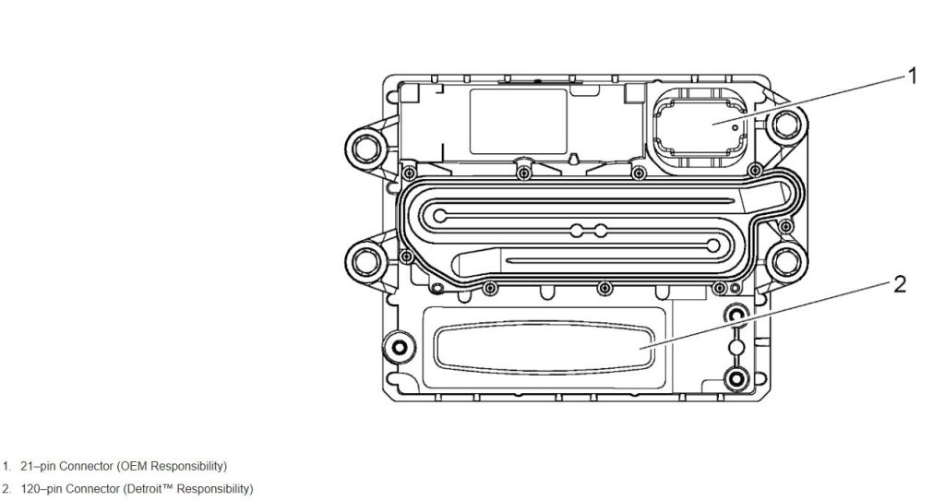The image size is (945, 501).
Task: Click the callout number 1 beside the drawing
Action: pos(912,76)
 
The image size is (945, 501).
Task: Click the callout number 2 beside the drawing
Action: pos(900,283)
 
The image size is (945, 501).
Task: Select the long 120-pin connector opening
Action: pos(544,348)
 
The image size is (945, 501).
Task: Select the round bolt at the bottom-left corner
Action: pos(400,349)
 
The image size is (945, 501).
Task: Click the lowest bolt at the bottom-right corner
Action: pos(736,377)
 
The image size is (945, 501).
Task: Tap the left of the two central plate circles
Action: pos(577,230)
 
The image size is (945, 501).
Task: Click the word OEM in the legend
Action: pos(136,465)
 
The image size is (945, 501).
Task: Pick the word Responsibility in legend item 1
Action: pos(186,465)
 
